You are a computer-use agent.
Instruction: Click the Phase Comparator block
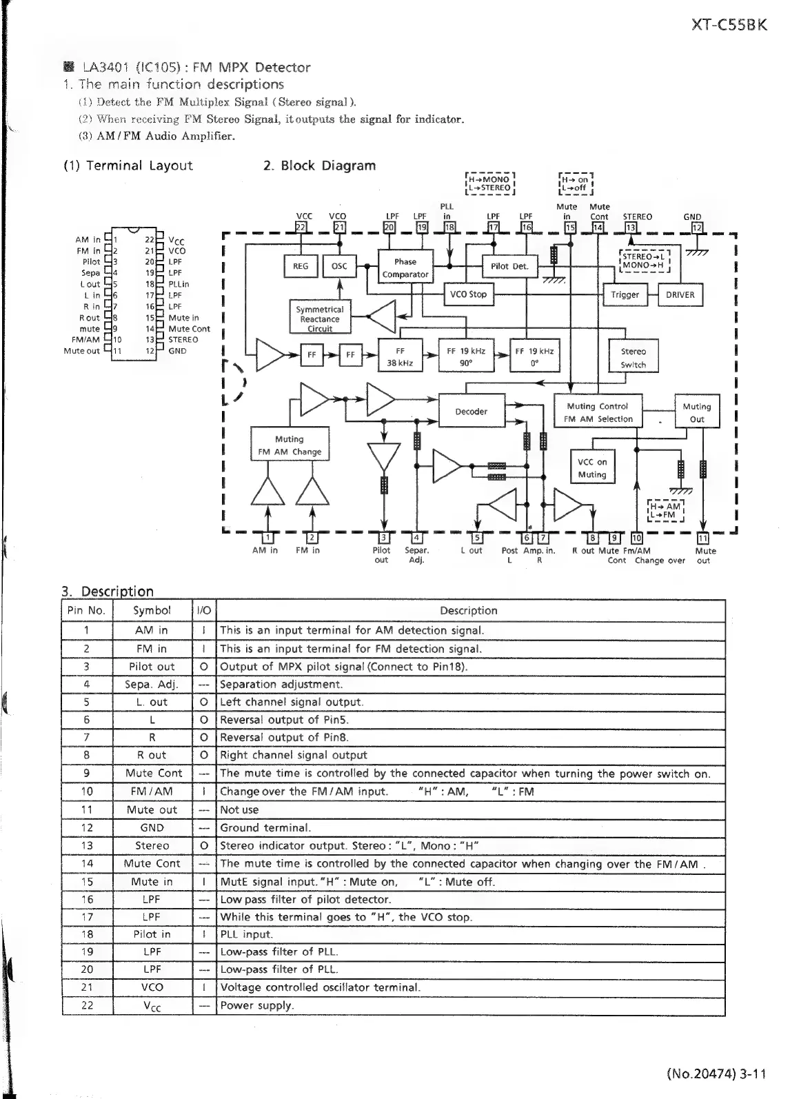(405, 268)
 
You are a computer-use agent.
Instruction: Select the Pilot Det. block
(509, 266)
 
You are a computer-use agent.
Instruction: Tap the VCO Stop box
(468, 294)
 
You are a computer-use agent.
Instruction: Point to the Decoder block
(471, 412)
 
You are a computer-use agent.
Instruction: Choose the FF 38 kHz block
(400, 356)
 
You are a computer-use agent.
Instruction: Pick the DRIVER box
(680, 295)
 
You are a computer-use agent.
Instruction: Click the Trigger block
(625, 295)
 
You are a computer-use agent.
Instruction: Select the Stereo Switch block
(633, 357)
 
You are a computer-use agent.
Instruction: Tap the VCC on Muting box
(592, 468)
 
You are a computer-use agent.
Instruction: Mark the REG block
(301, 266)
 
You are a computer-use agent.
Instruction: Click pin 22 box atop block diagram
(301, 228)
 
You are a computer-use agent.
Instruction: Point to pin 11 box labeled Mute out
(703, 538)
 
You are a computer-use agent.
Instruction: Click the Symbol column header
(152, 611)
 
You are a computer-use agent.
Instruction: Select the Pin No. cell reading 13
(87, 845)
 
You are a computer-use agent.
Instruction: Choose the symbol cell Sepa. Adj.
(152, 685)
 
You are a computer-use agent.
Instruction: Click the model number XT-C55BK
(729, 25)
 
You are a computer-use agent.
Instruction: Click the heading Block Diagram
(319, 165)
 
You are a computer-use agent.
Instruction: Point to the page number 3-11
(752, 1073)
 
